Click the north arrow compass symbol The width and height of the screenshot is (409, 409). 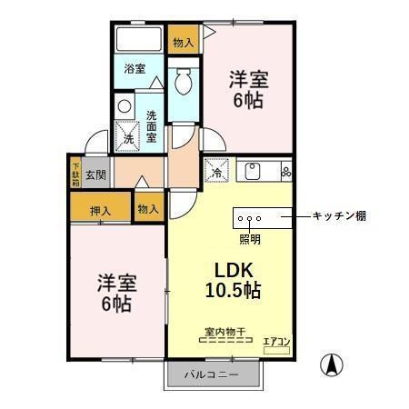(x=333, y=365)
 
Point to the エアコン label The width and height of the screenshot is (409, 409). (x=276, y=342)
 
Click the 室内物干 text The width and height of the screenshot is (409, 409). (x=224, y=332)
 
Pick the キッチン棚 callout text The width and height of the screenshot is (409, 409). (x=338, y=216)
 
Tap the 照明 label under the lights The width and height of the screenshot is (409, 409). (x=249, y=240)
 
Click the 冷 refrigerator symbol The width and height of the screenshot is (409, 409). (x=219, y=172)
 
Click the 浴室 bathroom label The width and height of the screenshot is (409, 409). (x=135, y=68)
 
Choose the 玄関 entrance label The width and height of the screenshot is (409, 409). (x=96, y=173)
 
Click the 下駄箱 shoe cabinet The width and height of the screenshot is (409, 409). (x=75, y=174)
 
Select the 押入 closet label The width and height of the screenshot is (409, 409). (x=100, y=211)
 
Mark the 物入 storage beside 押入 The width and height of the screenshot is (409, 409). (x=147, y=209)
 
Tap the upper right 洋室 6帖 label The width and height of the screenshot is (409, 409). (x=247, y=89)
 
